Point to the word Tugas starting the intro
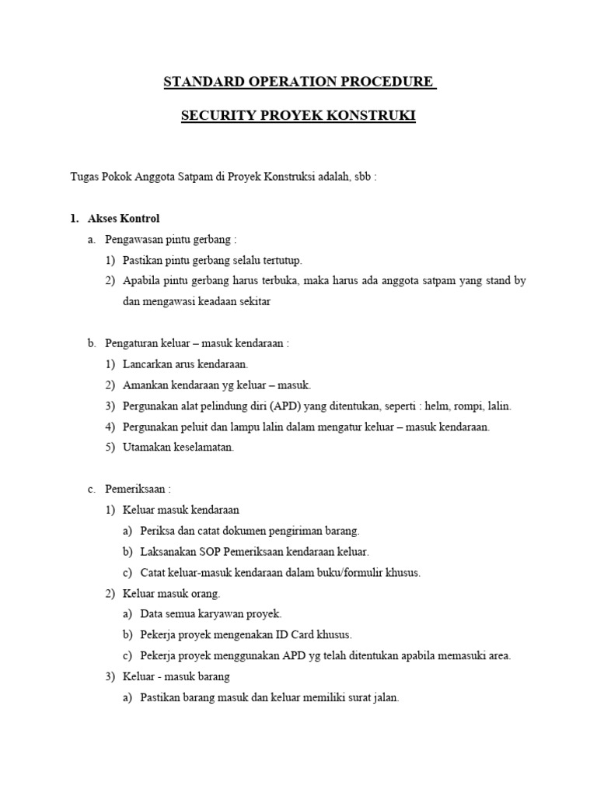[86, 176]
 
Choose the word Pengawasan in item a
[134, 239]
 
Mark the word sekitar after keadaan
[253, 302]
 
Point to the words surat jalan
[375, 697]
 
